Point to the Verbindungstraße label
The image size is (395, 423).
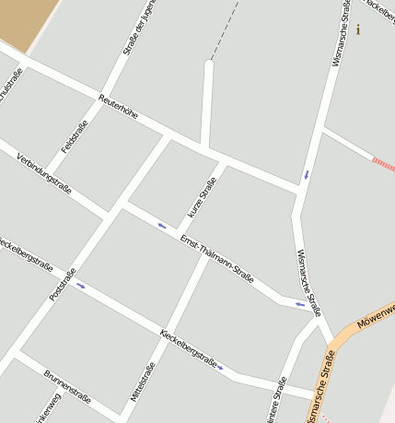click(44, 172)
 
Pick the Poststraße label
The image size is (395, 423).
click(62, 285)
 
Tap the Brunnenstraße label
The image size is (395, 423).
click(66, 387)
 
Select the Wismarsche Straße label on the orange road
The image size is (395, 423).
click(319, 385)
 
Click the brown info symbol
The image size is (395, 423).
click(358, 29)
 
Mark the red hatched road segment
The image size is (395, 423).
click(382, 164)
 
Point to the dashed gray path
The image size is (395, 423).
click(227, 28)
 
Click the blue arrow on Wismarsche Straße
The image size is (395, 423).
click(307, 173)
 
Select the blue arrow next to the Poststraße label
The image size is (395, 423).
click(81, 285)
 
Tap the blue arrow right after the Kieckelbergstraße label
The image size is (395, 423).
click(220, 367)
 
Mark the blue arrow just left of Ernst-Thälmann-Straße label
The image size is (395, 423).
click(163, 226)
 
